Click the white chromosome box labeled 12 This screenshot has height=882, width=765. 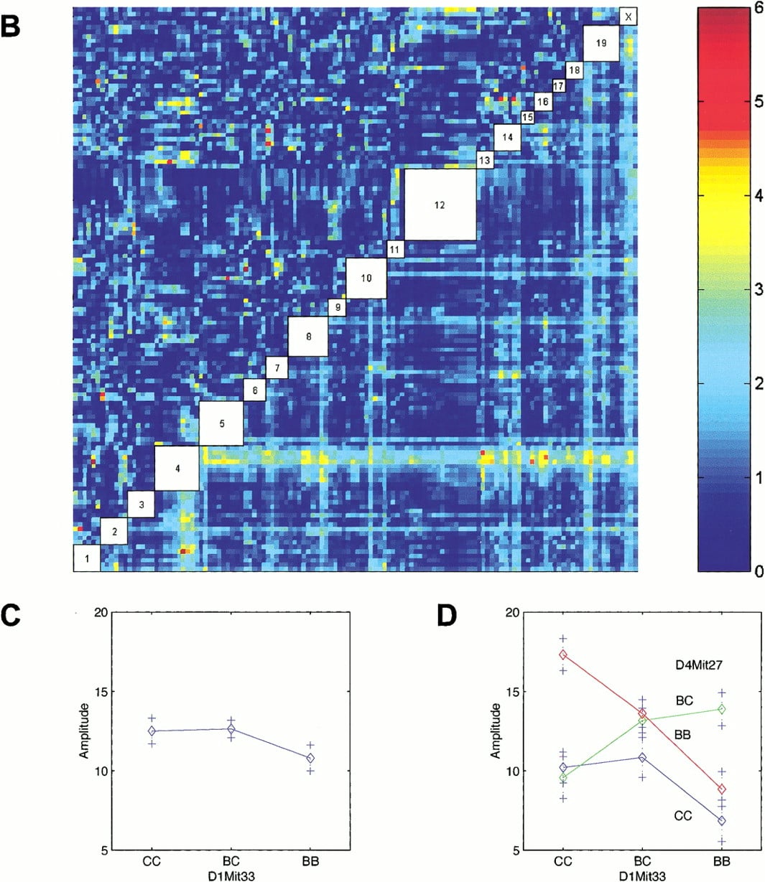click(440, 205)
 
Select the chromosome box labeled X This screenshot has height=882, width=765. click(628, 17)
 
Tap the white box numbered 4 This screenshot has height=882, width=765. click(177, 469)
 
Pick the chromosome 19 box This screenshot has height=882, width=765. click(601, 43)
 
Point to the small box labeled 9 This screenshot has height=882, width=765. click(338, 307)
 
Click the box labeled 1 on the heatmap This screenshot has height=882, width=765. click(87, 558)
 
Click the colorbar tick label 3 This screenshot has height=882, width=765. click(758, 290)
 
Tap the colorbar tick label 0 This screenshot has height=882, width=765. click(759, 571)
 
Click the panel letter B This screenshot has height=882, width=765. click(10, 27)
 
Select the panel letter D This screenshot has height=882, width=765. click(447, 616)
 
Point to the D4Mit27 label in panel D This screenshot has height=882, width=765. click(699, 665)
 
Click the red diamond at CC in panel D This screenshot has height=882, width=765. click(563, 655)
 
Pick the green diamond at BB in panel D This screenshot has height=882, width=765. click(721, 709)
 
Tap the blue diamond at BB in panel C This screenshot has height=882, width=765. click(310, 758)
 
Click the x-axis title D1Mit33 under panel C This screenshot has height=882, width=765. click(231, 876)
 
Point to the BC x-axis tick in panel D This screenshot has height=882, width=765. click(642, 860)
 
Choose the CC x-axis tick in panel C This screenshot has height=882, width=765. click(152, 860)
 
